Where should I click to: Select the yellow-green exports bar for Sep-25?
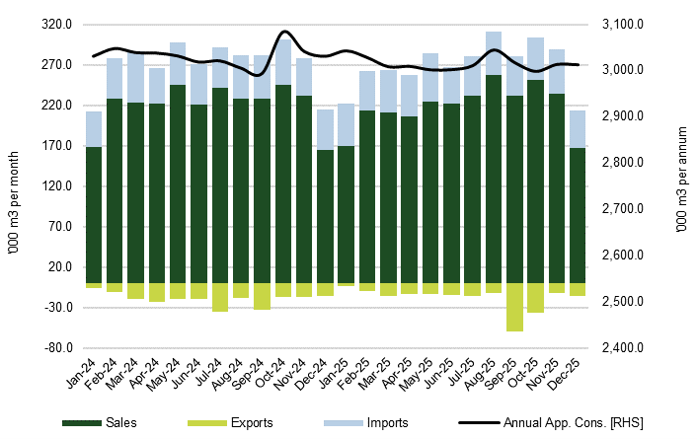click(x=514, y=307)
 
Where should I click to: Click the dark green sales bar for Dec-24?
click(x=325, y=217)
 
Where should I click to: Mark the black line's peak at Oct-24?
click(x=284, y=32)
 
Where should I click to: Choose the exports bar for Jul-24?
click(x=220, y=297)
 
